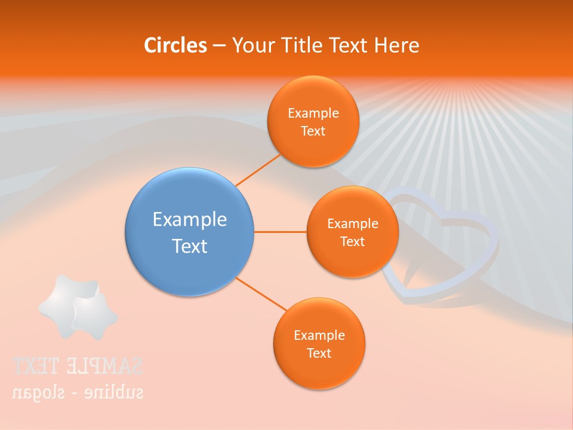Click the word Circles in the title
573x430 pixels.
(x=175, y=45)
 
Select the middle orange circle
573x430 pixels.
(x=352, y=260)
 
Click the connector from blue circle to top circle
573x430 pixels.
(x=258, y=170)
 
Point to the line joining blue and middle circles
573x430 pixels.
(x=281, y=232)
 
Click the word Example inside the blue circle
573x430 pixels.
(x=190, y=219)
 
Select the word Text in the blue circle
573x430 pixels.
(x=190, y=246)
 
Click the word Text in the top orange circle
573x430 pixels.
(x=313, y=131)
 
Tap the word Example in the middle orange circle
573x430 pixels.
(x=353, y=223)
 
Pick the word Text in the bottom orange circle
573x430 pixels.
(x=319, y=353)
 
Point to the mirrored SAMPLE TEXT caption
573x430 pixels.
(x=78, y=365)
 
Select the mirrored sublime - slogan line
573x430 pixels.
(x=78, y=392)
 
